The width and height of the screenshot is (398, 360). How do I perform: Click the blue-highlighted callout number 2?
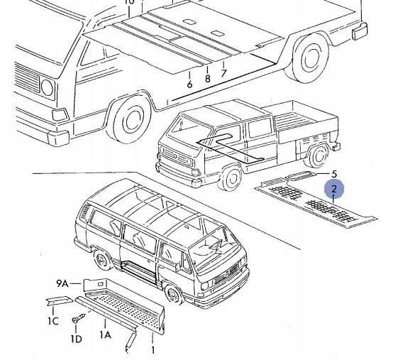click(334, 189)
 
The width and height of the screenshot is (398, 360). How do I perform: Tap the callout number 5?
click(334, 174)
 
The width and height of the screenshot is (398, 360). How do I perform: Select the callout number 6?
click(189, 84)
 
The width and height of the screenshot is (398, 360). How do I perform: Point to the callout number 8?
click(208, 79)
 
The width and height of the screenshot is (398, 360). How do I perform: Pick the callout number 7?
click(223, 73)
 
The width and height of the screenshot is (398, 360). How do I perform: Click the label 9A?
click(62, 283)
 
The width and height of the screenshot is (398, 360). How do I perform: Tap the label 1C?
click(53, 321)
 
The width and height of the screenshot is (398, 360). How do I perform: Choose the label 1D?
click(76, 339)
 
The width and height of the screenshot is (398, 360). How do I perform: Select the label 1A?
click(105, 335)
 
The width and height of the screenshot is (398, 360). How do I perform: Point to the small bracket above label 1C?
click(59, 300)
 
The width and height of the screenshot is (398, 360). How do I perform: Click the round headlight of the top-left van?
click(48, 87)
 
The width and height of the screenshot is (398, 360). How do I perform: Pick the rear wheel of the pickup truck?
click(319, 156)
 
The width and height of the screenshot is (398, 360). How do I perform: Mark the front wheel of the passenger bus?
click(175, 295)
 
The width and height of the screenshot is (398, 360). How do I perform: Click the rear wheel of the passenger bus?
click(103, 261)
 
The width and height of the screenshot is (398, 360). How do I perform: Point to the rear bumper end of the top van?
click(360, 31)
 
